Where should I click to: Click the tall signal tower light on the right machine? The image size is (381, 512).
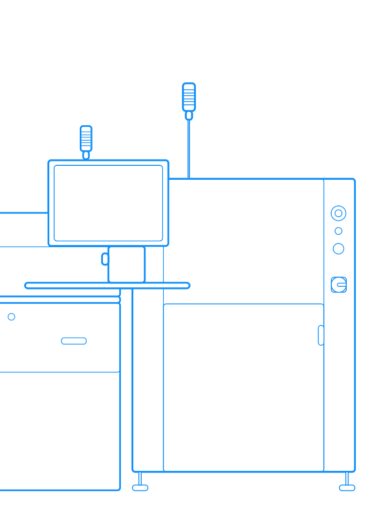pyautogui.click(x=189, y=97)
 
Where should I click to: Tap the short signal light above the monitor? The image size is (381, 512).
pyautogui.click(x=86, y=139)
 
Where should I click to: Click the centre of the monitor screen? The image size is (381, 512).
pyautogui.click(x=108, y=203)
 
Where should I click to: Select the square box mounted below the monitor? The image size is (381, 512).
pyautogui.click(x=126, y=264)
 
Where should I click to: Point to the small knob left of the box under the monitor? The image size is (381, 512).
pyautogui.click(x=105, y=259)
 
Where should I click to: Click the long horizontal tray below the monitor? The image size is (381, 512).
pyautogui.click(x=107, y=286)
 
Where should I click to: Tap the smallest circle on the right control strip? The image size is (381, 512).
pyautogui.click(x=338, y=231)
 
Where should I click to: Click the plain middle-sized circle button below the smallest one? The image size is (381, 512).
pyautogui.click(x=338, y=249)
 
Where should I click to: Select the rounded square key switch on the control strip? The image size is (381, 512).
pyautogui.click(x=338, y=285)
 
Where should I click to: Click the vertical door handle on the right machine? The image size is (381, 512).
pyautogui.click(x=321, y=335)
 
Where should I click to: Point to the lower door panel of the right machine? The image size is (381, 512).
pyautogui.click(x=243, y=388)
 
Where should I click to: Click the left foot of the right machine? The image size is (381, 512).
pyautogui.click(x=140, y=487)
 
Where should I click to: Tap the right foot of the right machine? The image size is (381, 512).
pyautogui.click(x=347, y=487)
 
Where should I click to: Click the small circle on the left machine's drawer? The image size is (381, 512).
pyautogui.click(x=11, y=317)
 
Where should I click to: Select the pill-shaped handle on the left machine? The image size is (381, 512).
pyautogui.click(x=74, y=341)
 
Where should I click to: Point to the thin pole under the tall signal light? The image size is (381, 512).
pyautogui.click(x=188, y=150)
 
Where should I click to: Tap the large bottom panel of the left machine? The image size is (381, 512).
pyautogui.click(x=59, y=431)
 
